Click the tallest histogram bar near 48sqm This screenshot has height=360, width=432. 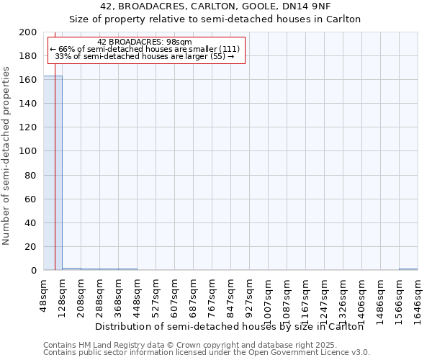point(53,173)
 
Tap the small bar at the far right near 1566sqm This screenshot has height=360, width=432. point(408,269)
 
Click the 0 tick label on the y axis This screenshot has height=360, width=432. point(33,271)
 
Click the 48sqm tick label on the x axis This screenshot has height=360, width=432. point(44,294)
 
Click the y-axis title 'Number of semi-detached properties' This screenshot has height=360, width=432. point(7,156)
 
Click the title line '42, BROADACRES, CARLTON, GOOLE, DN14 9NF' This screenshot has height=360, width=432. point(215,6)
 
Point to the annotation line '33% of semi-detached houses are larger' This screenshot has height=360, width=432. point(144,56)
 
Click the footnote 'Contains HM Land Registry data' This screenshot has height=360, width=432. point(206,345)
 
